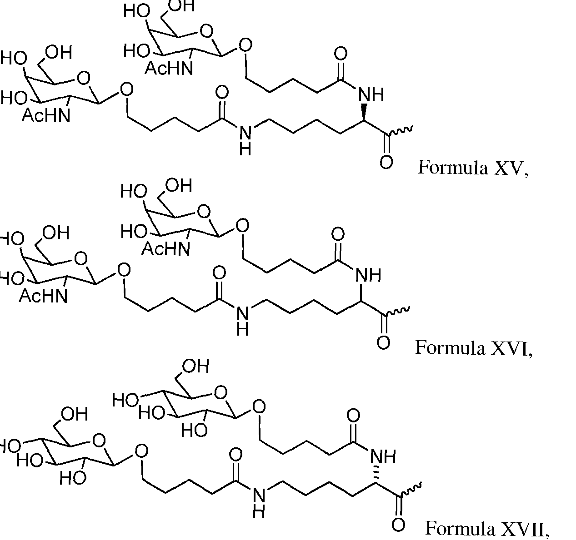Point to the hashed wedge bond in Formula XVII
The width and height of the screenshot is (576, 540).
[376, 476]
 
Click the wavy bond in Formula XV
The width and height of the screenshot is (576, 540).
[401, 131]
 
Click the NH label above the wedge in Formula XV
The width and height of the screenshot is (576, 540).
[371, 94]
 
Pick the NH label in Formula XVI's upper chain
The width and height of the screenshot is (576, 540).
[368, 275]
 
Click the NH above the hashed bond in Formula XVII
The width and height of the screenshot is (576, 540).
[383, 457]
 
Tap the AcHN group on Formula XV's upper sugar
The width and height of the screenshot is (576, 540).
[169, 69]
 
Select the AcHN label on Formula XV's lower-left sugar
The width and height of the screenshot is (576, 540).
[46, 115]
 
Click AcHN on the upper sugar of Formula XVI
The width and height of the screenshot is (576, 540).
[165, 249]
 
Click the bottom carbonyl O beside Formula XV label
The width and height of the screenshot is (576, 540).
[386, 162]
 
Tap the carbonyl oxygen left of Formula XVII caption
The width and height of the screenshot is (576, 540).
[398, 525]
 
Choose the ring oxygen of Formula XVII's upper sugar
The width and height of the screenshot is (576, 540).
[220, 392]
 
